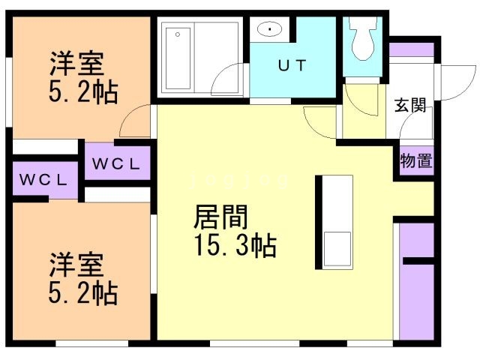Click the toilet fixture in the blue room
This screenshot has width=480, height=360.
point(363,41)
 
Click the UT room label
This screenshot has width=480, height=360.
point(292,65)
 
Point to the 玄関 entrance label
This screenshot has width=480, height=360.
point(410,105)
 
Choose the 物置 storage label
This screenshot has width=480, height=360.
point(415,160)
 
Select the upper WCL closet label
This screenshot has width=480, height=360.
point(117,163)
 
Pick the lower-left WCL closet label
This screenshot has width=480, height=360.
point(44,180)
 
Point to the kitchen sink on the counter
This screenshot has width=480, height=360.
point(336,247)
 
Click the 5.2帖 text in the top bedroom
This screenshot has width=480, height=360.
point(82,92)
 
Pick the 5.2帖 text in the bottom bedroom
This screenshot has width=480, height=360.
point(82,293)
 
